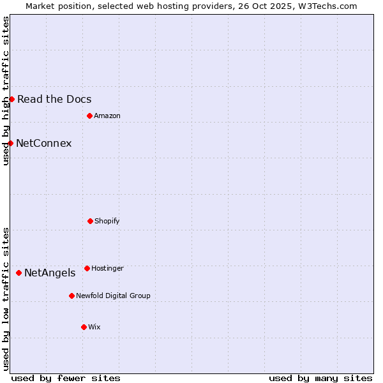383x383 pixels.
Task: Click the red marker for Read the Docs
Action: click(x=11, y=99)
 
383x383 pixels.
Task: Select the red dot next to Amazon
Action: click(x=89, y=116)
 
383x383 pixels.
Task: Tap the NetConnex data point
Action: click(x=10, y=143)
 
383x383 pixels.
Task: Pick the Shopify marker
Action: click(x=90, y=221)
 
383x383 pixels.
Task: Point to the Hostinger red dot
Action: click(x=87, y=268)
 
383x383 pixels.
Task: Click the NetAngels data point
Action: click(x=19, y=273)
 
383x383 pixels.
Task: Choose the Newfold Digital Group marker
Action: click(x=71, y=296)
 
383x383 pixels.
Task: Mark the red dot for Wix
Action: click(x=84, y=327)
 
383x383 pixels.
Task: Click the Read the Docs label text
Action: click(x=54, y=99)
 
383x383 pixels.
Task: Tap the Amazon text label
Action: click(x=107, y=116)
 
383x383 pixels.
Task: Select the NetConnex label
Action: click(x=43, y=143)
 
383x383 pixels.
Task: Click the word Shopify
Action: click(x=107, y=221)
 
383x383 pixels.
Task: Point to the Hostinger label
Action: click(x=107, y=268)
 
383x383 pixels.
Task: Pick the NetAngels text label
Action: click(x=49, y=273)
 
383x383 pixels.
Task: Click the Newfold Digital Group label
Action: click(x=113, y=296)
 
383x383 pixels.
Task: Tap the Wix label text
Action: click(x=94, y=327)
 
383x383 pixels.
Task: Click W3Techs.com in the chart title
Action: click(x=325, y=6)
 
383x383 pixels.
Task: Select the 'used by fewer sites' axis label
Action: click(x=66, y=378)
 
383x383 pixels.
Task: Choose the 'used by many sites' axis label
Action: click(x=320, y=378)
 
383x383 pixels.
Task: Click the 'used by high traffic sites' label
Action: click(x=6, y=91)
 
